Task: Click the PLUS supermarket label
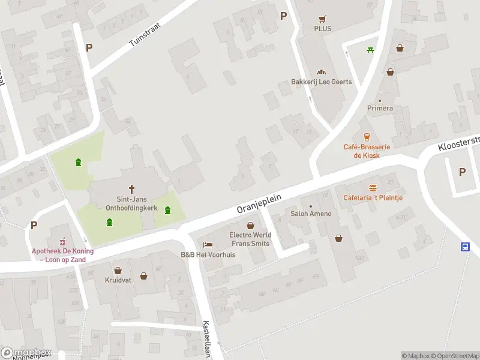pyautogui.click(x=322, y=28)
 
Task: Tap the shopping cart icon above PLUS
pyautogui.click(x=322, y=18)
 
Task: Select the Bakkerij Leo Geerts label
pyautogui.click(x=322, y=82)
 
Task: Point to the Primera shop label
pyautogui.click(x=380, y=108)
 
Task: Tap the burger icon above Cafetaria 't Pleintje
pyautogui.click(x=373, y=188)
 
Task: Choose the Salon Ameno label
pyautogui.click(x=311, y=214)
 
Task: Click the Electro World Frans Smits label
pyautogui.click(x=250, y=239)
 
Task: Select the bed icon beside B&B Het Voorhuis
pyautogui.click(x=208, y=245)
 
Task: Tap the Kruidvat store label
pyautogui.click(x=118, y=280)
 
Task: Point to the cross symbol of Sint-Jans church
pyautogui.click(x=132, y=188)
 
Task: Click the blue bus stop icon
pyautogui.click(x=465, y=246)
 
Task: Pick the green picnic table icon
pyautogui.click(x=371, y=49)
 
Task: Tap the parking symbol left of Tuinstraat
pyautogui.click(x=89, y=47)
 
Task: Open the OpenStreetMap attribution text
pyautogui.click(x=451, y=356)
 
